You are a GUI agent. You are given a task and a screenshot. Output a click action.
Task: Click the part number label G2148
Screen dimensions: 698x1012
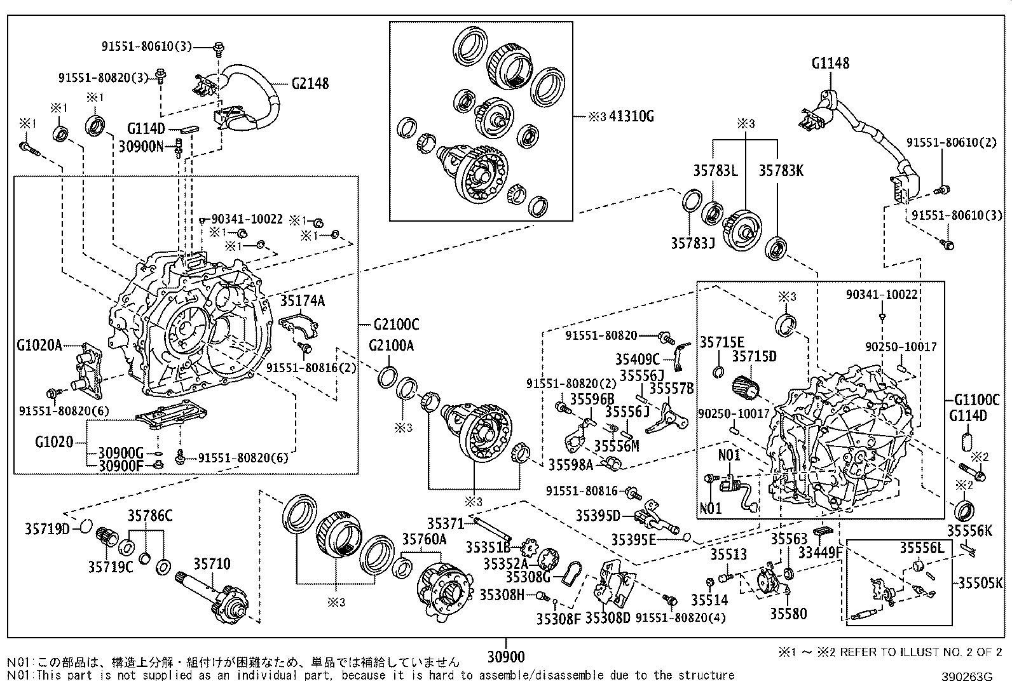pyautogui.click(x=310, y=83)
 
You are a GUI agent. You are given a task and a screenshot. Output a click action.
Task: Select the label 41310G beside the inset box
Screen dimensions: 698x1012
pyautogui.click(x=631, y=116)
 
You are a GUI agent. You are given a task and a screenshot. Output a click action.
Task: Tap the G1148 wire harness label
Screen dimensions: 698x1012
pyautogui.click(x=830, y=64)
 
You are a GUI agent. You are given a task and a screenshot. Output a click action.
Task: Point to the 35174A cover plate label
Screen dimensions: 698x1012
pyautogui.click(x=303, y=300)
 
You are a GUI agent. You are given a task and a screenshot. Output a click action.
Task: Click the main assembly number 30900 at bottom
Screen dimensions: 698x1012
pyautogui.click(x=507, y=656)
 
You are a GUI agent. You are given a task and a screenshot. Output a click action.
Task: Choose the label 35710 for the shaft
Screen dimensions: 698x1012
pyautogui.click(x=212, y=564)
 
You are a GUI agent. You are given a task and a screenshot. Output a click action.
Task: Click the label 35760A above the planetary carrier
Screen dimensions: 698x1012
pyautogui.click(x=424, y=539)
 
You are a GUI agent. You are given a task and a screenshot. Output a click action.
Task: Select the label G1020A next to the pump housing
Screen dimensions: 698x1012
pyautogui.click(x=39, y=346)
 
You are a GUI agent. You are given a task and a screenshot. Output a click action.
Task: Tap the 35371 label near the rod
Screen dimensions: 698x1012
pyautogui.click(x=446, y=523)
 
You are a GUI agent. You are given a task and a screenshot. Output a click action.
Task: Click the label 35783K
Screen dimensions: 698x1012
pyautogui.click(x=781, y=170)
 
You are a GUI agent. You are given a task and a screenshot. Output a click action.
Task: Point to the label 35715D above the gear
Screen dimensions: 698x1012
pyautogui.click(x=754, y=357)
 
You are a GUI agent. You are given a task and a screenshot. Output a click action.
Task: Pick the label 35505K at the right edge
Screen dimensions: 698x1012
pyautogui.click(x=980, y=582)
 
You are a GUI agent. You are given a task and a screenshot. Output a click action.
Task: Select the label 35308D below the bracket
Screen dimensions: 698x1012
pyautogui.click(x=607, y=617)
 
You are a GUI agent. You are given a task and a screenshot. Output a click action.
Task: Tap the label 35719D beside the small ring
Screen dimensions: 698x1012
pyautogui.click(x=47, y=528)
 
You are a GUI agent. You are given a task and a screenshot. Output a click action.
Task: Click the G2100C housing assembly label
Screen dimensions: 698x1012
pyautogui.click(x=396, y=325)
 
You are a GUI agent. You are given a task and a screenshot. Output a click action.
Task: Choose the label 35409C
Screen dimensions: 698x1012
pyautogui.click(x=637, y=360)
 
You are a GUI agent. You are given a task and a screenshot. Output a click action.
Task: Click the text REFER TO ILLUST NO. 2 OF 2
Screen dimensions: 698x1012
pyautogui.click(x=920, y=652)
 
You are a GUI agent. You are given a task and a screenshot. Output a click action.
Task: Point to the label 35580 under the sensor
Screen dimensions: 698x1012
pyautogui.click(x=788, y=614)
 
